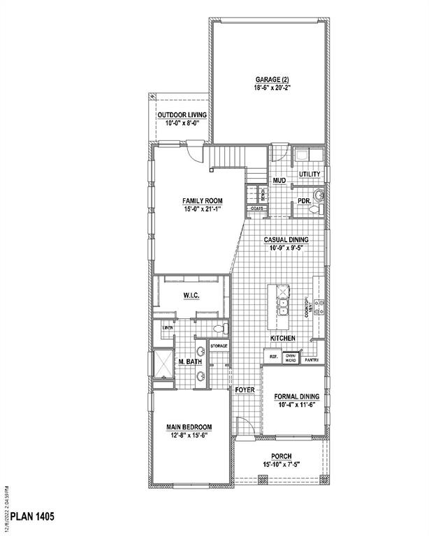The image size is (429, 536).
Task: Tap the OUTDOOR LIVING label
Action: point(182,115)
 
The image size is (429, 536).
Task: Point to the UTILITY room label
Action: point(309,173)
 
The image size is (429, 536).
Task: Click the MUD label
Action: point(279,180)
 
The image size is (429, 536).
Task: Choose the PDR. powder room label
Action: point(304,200)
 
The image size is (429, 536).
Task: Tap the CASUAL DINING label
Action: point(286,239)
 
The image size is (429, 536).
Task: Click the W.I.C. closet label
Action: point(191,296)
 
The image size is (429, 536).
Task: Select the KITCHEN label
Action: point(283,338)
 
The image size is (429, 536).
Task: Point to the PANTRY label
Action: point(312,360)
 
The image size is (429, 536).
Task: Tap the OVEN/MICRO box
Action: point(291,357)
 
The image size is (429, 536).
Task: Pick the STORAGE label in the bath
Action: point(219,345)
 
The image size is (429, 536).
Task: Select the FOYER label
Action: point(245,389)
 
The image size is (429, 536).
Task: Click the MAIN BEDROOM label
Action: point(189,426)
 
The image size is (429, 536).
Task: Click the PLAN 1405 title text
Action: point(29,517)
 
